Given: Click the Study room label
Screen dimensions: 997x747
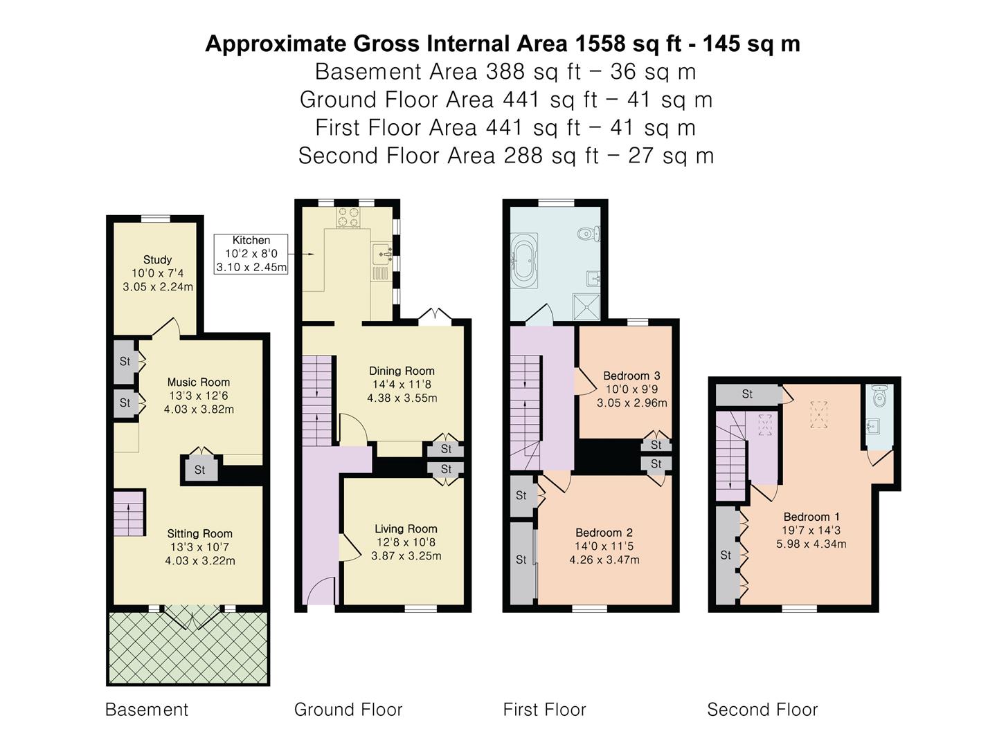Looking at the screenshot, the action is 157,259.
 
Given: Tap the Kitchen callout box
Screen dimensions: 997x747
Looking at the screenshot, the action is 251,254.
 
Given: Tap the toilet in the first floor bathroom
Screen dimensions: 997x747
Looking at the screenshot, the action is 590,234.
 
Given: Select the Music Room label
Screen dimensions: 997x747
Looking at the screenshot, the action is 199,382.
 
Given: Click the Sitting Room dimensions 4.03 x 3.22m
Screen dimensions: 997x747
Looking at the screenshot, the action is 200,561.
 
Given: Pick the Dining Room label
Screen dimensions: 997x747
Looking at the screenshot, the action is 402,371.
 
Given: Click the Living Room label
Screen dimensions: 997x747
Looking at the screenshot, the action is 406,529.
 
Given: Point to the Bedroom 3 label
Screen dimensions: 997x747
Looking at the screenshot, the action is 631,376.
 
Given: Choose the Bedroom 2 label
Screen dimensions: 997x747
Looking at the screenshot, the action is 604,533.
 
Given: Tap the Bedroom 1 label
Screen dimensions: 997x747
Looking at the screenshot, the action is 811,517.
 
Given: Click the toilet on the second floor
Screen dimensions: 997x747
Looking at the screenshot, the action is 880,396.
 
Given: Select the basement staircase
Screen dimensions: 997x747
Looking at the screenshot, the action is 129,515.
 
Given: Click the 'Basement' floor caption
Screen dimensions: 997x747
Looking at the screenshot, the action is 146,710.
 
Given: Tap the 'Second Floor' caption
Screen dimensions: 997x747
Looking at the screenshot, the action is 762,710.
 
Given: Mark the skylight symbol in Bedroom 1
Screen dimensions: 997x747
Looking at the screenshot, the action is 819,414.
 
